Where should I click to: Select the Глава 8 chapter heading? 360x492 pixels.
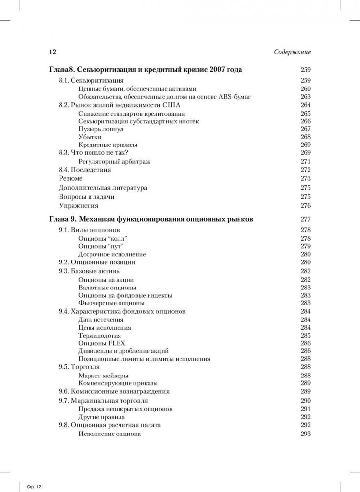(146, 70)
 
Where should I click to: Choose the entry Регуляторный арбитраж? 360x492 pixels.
(114, 161)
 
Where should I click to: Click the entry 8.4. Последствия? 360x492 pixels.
(85, 170)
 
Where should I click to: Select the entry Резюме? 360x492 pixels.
(71, 178)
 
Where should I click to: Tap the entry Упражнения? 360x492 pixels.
(79, 206)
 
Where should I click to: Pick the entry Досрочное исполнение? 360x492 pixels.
(112, 254)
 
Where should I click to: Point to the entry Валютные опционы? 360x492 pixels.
(107, 288)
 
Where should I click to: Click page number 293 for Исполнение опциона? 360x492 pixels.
(305, 434)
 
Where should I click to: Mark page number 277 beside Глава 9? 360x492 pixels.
(305, 219)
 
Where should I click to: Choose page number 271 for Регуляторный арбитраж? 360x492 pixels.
(305, 161)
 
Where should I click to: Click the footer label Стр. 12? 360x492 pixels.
(34, 486)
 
